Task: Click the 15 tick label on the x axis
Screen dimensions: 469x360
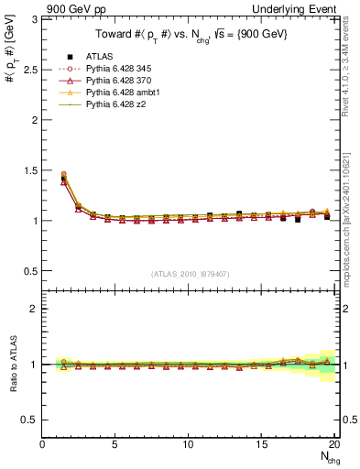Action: pyautogui.click(x=262, y=444)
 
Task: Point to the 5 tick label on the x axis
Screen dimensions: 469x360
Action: pyautogui.click(x=115, y=444)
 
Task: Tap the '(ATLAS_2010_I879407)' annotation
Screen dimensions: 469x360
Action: pyautogui.click(x=190, y=273)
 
